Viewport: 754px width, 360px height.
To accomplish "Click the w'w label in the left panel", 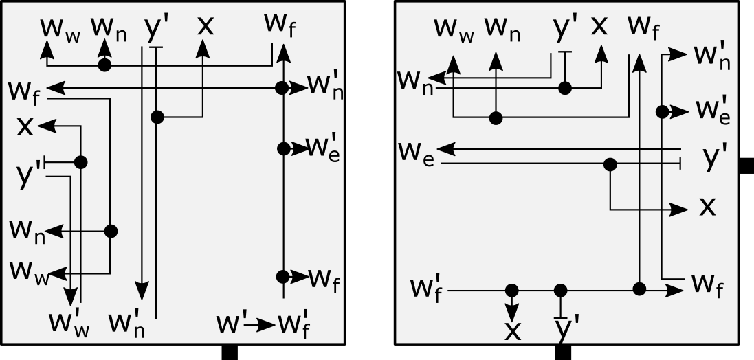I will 69,322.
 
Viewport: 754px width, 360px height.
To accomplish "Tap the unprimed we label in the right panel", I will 416,153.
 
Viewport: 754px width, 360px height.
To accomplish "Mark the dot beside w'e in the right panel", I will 662,111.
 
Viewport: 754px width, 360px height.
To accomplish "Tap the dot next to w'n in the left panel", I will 281,88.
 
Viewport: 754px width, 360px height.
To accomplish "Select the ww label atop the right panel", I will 454,28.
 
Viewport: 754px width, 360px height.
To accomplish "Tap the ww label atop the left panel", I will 60,27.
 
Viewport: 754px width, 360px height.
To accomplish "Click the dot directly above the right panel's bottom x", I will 511,291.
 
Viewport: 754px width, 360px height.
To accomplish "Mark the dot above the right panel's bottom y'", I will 561,291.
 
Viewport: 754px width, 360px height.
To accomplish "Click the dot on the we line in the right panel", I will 610,164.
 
